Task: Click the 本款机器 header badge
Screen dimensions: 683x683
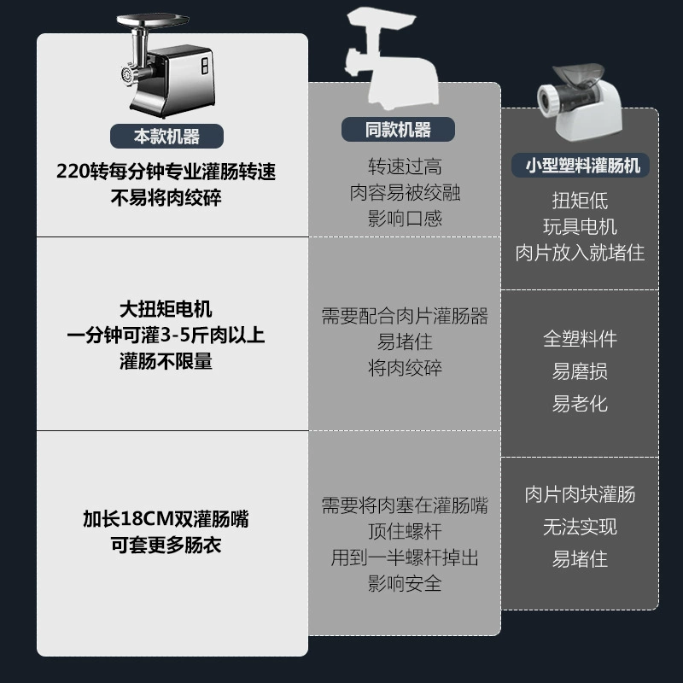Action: pyautogui.click(x=166, y=137)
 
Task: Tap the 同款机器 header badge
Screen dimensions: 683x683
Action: pyautogui.click(x=398, y=130)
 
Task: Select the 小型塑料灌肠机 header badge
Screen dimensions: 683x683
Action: pyautogui.click(x=581, y=165)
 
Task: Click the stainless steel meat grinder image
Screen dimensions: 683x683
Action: pyautogui.click(x=166, y=66)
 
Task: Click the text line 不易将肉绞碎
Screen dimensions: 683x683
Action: pyautogui.click(x=166, y=198)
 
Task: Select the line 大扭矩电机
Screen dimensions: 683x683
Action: pyautogui.click(x=166, y=309)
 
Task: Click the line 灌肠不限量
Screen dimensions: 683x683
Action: pyautogui.click(x=166, y=361)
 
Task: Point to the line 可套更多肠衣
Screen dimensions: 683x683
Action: pyautogui.click(x=166, y=545)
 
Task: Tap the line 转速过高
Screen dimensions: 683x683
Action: pyautogui.click(x=405, y=166)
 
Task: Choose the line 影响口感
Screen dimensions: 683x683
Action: pyautogui.click(x=405, y=219)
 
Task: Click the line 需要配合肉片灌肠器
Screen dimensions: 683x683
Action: pyautogui.click(x=405, y=316)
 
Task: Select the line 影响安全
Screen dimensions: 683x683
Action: pyautogui.click(x=405, y=583)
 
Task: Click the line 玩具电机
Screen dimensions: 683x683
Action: pyautogui.click(x=580, y=226)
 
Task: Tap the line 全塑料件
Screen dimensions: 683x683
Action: pyautogui.click(x=580, y=339)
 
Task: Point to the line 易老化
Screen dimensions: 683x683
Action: pyautogui.click(x=580, y=404)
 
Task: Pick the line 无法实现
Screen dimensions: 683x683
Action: pyautogui.click(x=580, y=527)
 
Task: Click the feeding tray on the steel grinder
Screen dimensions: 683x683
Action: pyautogui.click(x=153, y=20)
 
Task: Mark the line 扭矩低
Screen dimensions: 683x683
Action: pyautogui.click(x=580, y=201)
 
